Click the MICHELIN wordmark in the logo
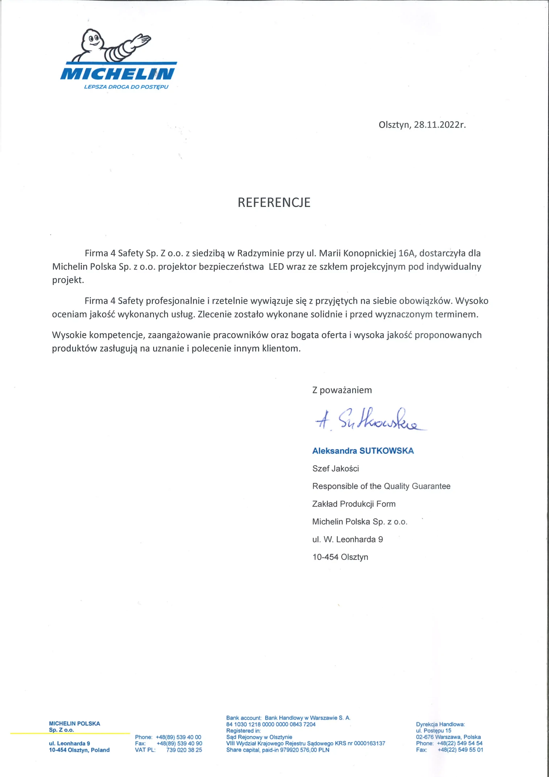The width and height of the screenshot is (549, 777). [117, 74]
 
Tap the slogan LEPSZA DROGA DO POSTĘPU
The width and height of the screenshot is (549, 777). [126, 87]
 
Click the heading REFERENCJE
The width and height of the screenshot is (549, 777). [274, 203]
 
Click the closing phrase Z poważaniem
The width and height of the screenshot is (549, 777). [342, 390]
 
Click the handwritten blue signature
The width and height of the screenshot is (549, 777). [370, 420]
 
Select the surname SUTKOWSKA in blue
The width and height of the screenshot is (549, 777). [387, 451]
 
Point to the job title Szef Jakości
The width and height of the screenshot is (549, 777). [335, 469]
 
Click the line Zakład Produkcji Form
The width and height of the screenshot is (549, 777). [354, 504]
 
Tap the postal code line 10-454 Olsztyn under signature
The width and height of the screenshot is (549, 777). [340, 557]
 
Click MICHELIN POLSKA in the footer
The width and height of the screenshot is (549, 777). [74, 723]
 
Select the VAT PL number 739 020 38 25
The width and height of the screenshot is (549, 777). [184, 750]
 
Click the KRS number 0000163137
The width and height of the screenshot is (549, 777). [370, 743]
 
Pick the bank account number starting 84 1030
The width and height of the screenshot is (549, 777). [271, 724]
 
